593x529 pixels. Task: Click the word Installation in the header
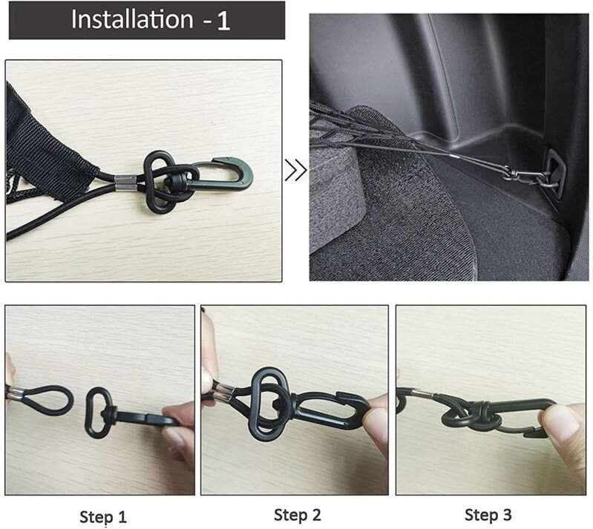pos(131,20)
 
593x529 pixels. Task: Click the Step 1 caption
pos(103,516)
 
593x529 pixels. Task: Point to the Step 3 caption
pos(488,514)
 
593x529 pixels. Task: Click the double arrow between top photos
pos(295,172)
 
